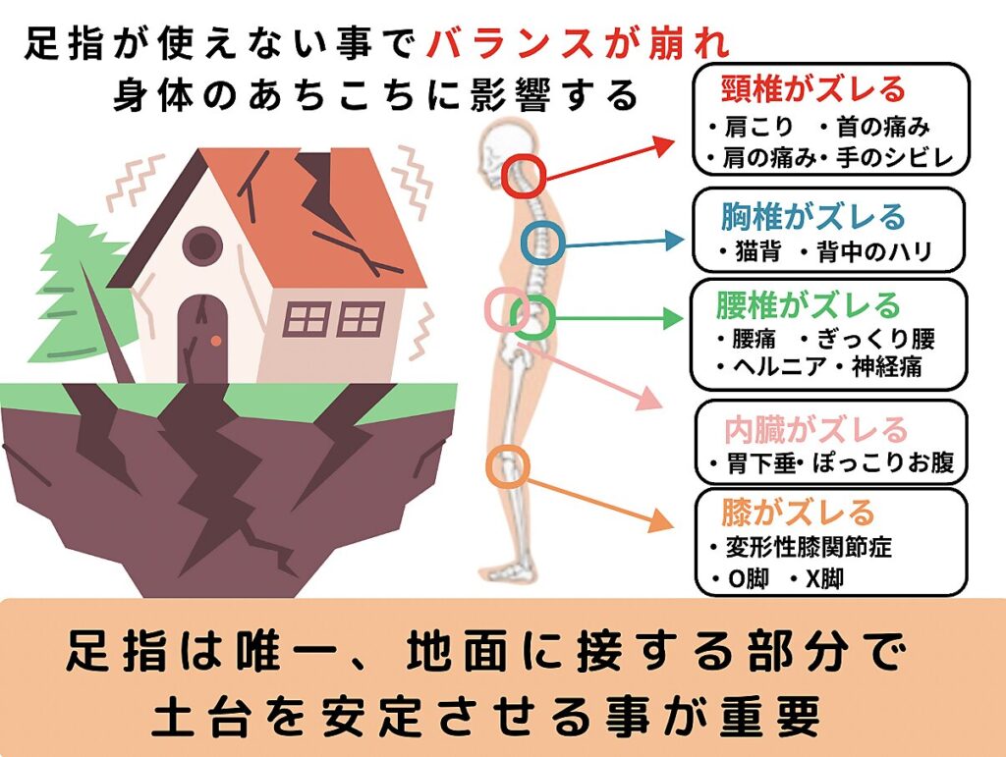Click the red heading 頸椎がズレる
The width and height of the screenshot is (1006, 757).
(812, 89)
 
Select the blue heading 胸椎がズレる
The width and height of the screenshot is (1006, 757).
(812, 217)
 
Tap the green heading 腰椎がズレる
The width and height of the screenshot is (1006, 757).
(809, 305)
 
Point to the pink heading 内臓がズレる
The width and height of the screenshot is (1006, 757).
(815, 430)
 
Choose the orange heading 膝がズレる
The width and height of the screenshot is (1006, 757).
(798, 513)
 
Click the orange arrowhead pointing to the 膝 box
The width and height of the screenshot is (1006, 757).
(661, 519)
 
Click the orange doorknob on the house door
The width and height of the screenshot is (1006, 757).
(216, 341)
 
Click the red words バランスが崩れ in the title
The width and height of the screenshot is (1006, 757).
(580, 45)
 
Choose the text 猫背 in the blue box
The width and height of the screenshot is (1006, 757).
(757, 251)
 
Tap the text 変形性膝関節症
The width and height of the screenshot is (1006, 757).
(809, 547)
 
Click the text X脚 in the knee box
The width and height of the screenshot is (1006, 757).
(824, 579)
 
